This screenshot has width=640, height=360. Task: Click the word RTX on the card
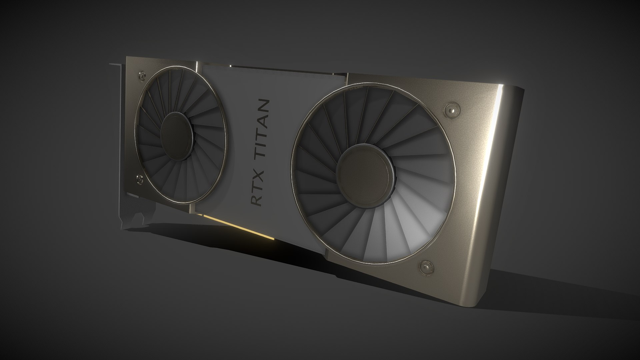pyautogui.click(x=257, y=187)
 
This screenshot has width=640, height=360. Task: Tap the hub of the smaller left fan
pyautogui.click(x=177, y=136)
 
